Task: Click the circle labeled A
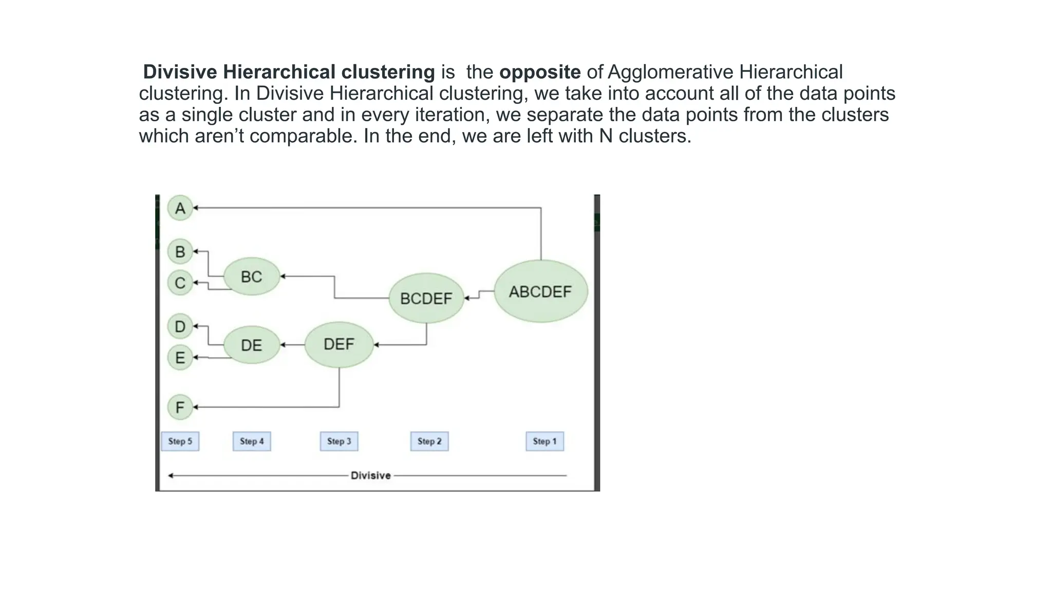[180, 208]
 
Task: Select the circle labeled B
[180, 252]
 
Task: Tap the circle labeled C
[180, 283]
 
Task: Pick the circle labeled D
[180, 326]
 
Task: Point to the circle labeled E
[180, 358]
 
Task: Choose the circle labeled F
[180, 408]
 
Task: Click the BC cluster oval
[252, 277]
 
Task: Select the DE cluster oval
[252, 345]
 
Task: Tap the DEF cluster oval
[339, 344]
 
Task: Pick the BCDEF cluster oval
[426, 299]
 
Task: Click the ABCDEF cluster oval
[540, 292]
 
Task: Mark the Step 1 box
[544, 441]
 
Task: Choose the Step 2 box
[429, 441]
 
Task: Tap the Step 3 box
[339, 441]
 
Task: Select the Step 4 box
[252, 441]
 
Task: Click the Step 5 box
[180, 441]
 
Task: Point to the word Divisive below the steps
[370, 476]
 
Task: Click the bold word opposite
[540, 72]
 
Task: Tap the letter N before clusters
[606, 136]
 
